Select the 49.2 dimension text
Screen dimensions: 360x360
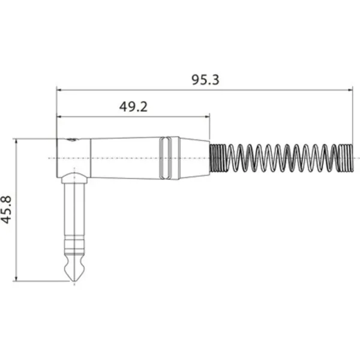coord(133,107)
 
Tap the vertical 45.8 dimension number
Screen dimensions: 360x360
coord(7,209)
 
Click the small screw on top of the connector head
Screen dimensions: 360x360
coord(72,140)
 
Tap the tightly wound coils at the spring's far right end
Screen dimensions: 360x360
coord(345,158)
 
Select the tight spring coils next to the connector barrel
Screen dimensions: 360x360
coord(217,158)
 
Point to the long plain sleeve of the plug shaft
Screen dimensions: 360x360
coord(74,210)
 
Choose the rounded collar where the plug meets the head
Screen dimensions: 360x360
coord(74,178)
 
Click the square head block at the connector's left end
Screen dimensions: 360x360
coord(73,157)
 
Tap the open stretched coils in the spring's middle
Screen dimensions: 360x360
coord(282,158)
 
